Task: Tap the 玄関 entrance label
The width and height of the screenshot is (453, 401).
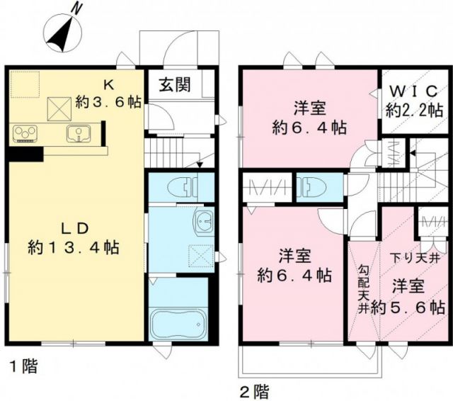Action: [173, 85]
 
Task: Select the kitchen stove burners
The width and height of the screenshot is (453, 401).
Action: [27, 132]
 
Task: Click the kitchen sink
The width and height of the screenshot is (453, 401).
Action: [77, 132]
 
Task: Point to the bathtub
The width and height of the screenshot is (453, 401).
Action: [178, 323]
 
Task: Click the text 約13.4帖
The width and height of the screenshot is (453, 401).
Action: [74, 248]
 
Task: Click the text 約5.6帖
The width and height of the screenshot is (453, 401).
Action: [408, 307]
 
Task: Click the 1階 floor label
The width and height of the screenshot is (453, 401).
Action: [23, 367]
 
